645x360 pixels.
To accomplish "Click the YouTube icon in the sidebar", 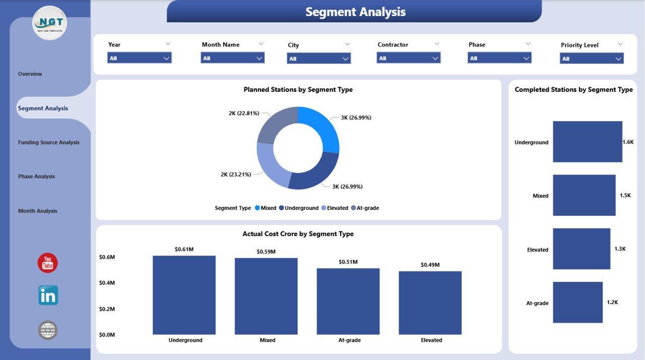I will (x=48, y=263).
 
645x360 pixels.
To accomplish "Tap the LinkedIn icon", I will (x=48, y=295).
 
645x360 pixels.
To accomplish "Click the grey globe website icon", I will (x=48, y=331).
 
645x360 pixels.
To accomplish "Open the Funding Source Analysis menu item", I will (x=49, y=143).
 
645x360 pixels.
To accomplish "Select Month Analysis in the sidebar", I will (x=38, y=211).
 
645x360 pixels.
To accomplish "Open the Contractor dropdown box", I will (x=409, y=58).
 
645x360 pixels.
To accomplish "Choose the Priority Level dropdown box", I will (x=592, y=59).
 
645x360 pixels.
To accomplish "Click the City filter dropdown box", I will (x=319, y=59).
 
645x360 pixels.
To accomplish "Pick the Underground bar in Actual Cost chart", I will (x=184, y=295).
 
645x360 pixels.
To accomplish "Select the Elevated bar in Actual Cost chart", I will (x=430, y=303).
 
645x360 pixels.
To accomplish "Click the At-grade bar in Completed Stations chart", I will (x=577, y=303).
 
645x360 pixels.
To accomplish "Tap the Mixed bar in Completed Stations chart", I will (x=584, y=195).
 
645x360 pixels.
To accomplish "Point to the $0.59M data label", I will (x=266, y=252).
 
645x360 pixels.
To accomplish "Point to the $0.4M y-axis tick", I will (x=107, y=283).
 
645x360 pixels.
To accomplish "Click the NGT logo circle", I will (x=49, y=23).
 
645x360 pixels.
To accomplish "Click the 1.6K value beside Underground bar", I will (x=628, y=142).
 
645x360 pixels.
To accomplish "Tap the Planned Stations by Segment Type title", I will (x=298, y=90).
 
